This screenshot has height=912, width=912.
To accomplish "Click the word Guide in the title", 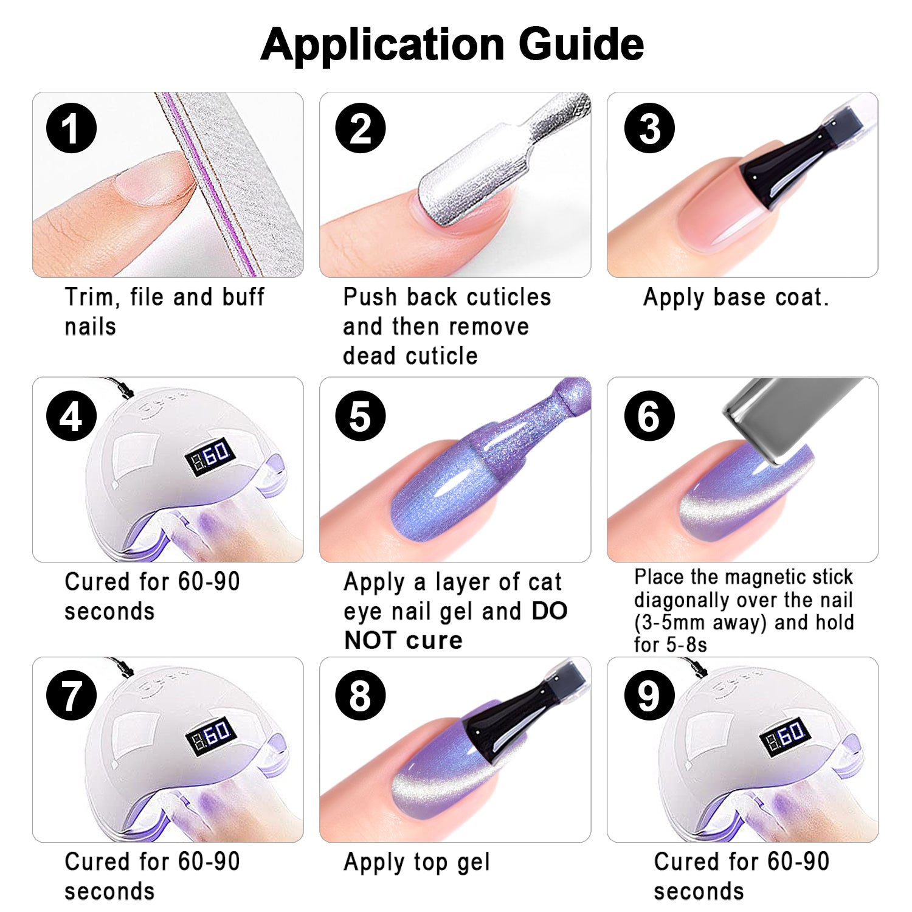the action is (581, 44).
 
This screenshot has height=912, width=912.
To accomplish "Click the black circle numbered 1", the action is (72, 128).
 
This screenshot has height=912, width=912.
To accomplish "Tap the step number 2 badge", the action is (360, 128).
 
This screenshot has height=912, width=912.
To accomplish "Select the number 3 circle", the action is (649, 128).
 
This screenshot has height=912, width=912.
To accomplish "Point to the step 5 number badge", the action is (360, 416).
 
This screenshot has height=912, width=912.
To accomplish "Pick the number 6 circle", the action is (649, 416).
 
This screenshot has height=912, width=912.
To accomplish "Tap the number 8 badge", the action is (360, 696).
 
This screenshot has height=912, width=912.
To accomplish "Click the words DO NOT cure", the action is (455, 626).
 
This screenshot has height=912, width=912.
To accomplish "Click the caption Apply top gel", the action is (417, 862).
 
